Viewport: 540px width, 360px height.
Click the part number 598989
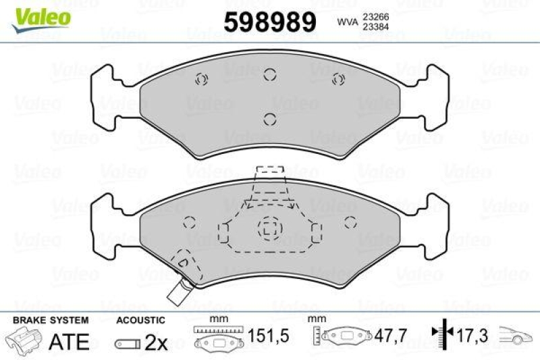269,23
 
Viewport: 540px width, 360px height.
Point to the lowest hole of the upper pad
269,120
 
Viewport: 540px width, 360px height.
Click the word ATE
69,341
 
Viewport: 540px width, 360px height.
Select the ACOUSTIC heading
140,319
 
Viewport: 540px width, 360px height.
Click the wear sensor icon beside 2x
128,343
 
